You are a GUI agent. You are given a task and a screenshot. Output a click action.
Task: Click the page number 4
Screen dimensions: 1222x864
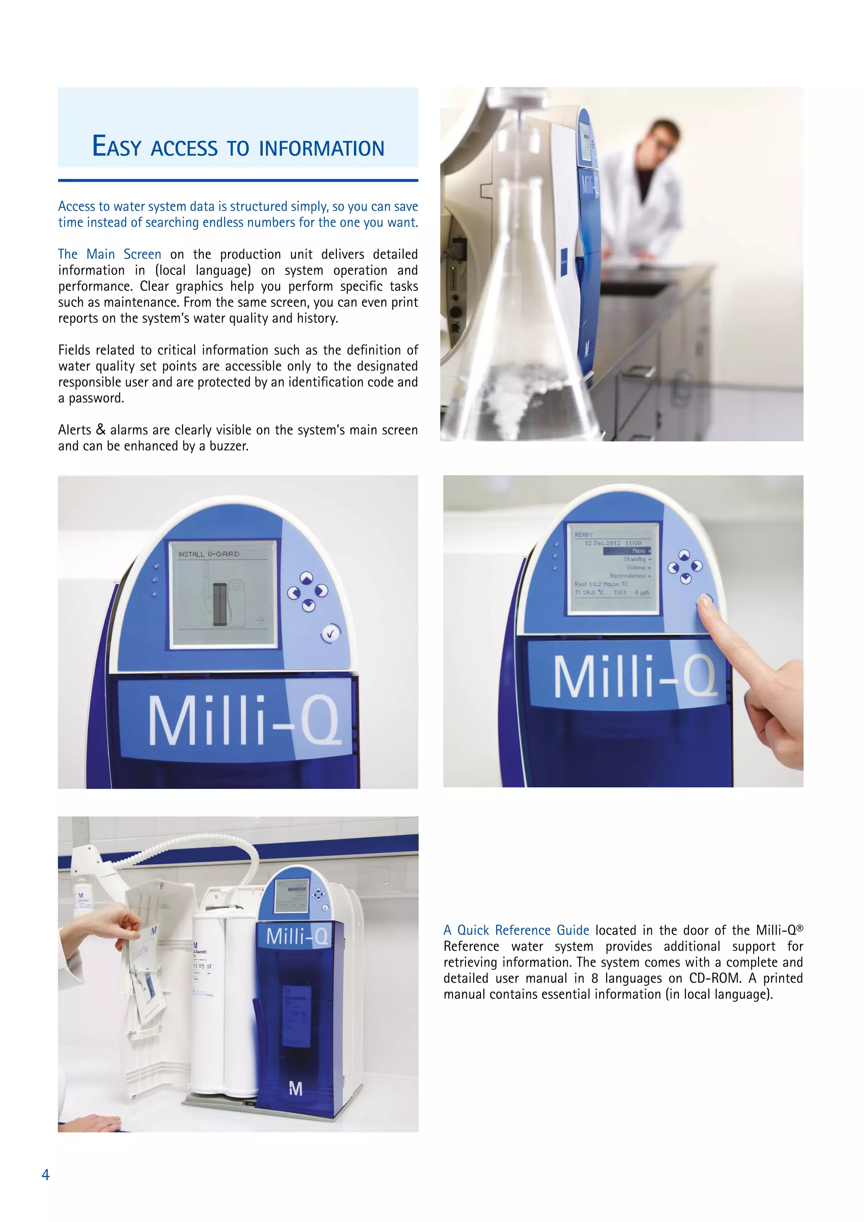[46, 1175]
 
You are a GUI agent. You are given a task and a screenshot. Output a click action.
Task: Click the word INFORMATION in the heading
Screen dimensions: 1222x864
[321, 149]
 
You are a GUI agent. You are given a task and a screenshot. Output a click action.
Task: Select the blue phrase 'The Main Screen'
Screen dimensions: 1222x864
[110, 254]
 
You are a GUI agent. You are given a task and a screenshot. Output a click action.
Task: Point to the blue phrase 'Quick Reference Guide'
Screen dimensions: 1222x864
[523, 930]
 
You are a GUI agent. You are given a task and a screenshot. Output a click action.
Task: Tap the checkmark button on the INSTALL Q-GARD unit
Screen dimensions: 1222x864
[330, 633]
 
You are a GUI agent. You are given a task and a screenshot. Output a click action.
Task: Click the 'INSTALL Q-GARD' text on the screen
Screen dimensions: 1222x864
[208, 554]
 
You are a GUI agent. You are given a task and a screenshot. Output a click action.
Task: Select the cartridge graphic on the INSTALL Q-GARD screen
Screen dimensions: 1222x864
[220, 604]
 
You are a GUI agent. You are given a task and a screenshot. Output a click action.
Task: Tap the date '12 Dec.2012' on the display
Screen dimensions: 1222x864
[602, 543]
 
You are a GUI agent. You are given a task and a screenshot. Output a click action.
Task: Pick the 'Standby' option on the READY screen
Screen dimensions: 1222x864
[634, 560]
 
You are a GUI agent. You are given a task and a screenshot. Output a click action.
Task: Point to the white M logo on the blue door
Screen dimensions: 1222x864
[296, 1089]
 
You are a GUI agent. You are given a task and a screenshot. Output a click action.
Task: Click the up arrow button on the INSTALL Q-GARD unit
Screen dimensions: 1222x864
[306, 579]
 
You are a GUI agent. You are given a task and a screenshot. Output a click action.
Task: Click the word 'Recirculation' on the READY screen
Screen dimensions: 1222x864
[628, 576]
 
